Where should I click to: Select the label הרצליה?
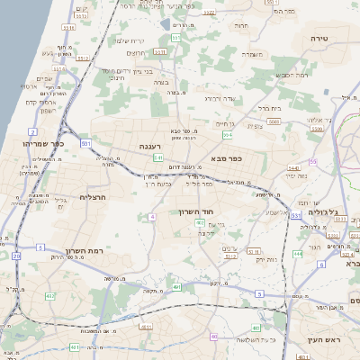point(93,196)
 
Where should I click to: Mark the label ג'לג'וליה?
point(321,212)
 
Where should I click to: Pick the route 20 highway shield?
point(15,256)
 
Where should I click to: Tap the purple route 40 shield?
point(214,337)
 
